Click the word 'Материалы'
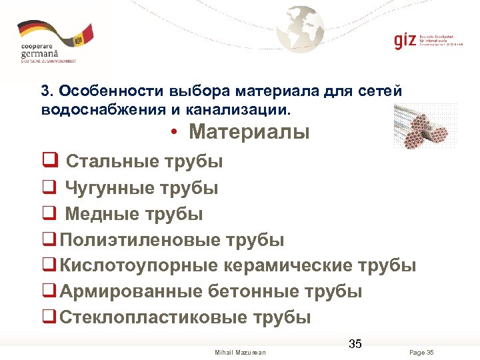(x=249, y=132)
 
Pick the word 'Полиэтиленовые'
(x=141, y=240)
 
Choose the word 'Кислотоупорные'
(x=138, y=265)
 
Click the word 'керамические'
(x=287, y=265)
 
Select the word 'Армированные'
(x=131, y=291)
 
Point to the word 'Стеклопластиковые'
(x=153, y=317)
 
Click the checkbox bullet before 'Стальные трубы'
(x=48, y=161)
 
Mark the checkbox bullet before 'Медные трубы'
(x=48, y=214)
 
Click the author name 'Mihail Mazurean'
(x=240, y=352)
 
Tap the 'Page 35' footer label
(x=421, y=352)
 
